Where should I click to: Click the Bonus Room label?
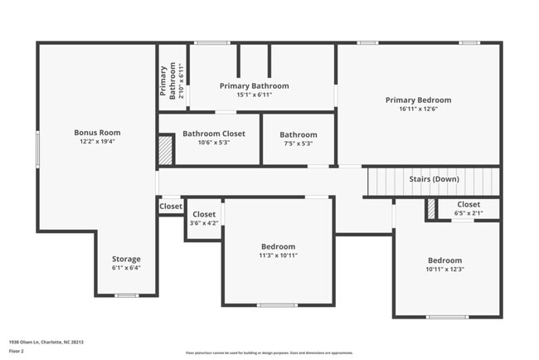tap(97, 132)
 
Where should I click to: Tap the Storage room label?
tap(126, 259)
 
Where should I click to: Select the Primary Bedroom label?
tap(417, 100)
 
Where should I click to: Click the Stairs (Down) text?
tap(434, 179)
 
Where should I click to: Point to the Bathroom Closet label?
tap(214, 133)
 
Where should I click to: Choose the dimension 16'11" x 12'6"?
tap(417, 109)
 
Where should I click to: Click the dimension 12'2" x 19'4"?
tap(97, 142)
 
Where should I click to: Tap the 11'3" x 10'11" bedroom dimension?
tap(278, 255)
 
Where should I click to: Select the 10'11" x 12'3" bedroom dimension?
tap(444, 269)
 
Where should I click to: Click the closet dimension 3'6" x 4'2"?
tap(204, 223)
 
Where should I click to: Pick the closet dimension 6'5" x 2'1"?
tap(468, 213)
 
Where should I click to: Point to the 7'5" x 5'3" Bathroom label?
tap(298, 134)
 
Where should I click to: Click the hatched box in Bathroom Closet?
tap(166, 150)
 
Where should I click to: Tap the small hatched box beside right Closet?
tap(431, 209)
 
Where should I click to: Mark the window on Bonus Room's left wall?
tap(37, 150)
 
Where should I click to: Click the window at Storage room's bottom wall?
tap(126, 295)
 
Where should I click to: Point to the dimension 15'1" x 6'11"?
tap(254, 95)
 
